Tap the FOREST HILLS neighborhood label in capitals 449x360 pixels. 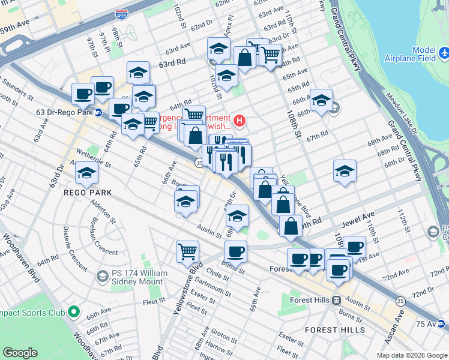pyautogui.click(x=334, y=330)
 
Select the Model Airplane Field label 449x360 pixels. pyautogui.click(x=423, y=55)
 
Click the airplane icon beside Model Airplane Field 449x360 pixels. pyautogui.click(x=444, y=55)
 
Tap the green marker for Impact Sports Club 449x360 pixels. pyautogui.click(x=74, y=311)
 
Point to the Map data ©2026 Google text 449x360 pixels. pyautogui.click(x=411, y=355)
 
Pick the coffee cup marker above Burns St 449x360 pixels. pyautogui.click(x=235, y=250)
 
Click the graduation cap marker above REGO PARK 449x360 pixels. pyautogui.click(x=86, y=173)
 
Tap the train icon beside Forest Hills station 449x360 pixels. pyautogui.click(x=337, y=300)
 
